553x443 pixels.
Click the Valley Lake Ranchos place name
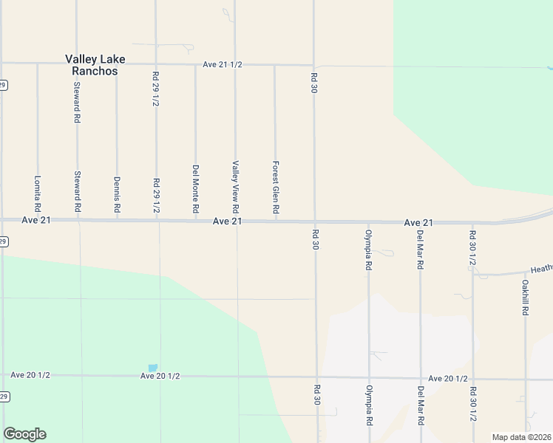95,65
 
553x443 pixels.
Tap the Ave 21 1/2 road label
223,65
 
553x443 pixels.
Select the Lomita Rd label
38,193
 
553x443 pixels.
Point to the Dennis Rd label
117,194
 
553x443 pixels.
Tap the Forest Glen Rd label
275,188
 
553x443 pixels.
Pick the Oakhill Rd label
525,296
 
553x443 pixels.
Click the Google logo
24,434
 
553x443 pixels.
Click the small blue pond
153,368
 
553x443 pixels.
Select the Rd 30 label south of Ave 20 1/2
316,399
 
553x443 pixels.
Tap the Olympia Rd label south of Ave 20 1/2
368,405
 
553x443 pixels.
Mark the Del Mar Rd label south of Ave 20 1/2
420,405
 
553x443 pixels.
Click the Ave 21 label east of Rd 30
418,222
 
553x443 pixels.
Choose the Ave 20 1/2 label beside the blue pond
160,376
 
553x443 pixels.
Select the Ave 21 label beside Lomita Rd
35,220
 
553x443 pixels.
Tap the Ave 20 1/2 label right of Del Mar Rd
447,378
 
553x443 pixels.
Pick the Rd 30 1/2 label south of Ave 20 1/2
472,405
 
